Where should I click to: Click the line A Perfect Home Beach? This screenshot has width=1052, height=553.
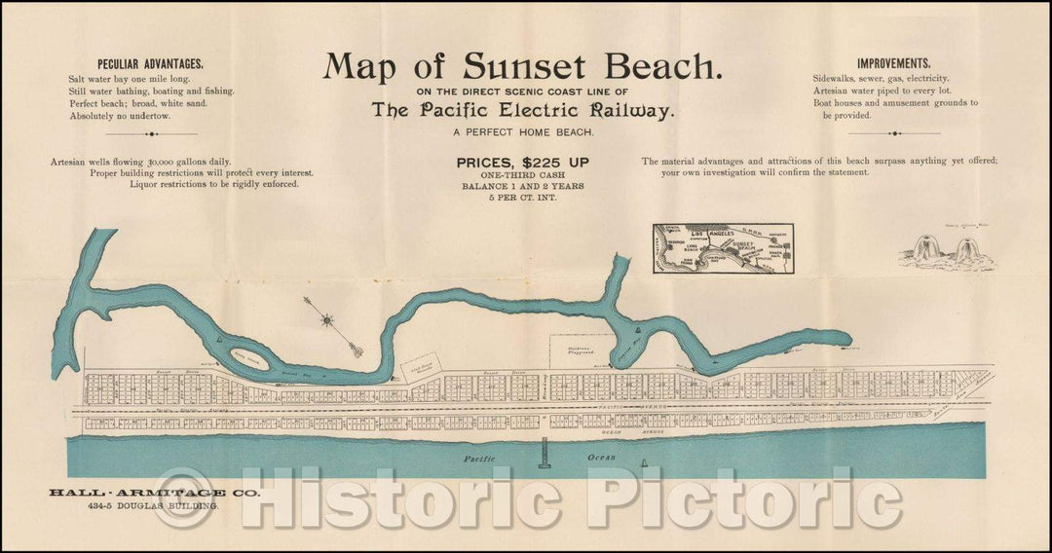tap(524, 133)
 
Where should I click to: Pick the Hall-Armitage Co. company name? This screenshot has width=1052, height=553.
tap(154, 494)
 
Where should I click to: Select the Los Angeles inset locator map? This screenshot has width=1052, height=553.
tap(723, 248)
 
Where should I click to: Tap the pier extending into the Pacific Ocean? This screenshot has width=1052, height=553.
tap(544, 453)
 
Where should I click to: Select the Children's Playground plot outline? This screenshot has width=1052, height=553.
tap(581, 351)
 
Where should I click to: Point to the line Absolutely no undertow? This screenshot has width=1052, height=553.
tap(120, 116)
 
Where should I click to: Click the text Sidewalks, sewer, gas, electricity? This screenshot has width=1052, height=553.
tap(881, 78)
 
